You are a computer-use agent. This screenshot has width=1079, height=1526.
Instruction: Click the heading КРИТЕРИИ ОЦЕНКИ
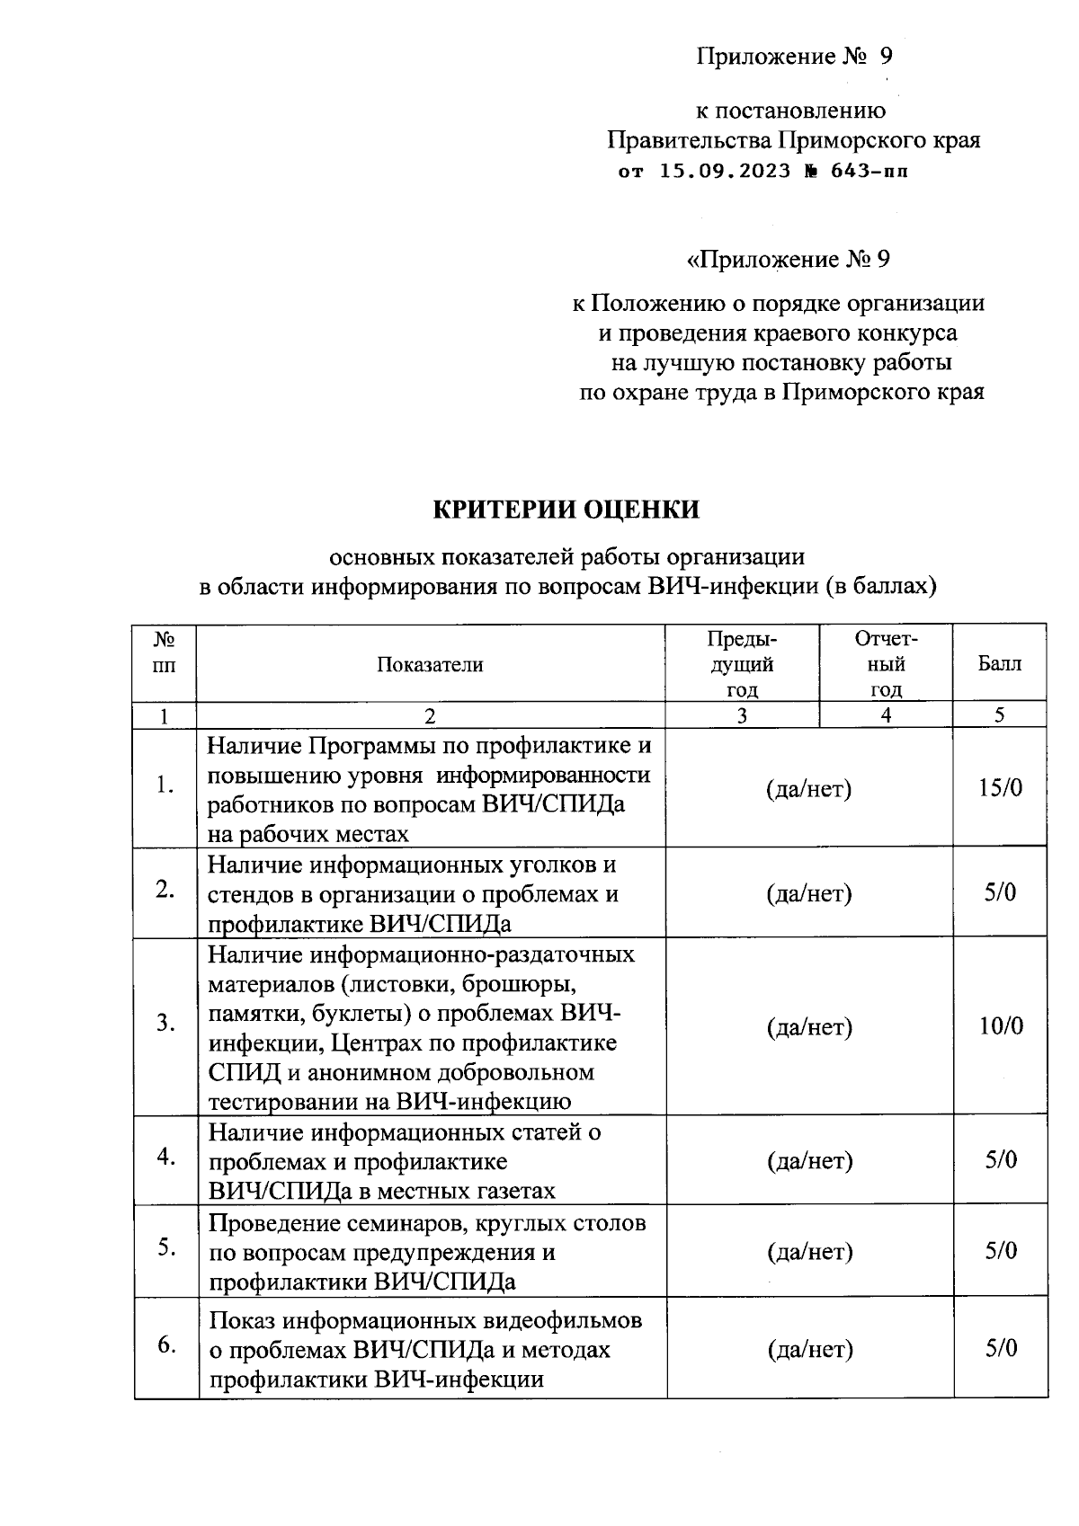click(x=566, y=510)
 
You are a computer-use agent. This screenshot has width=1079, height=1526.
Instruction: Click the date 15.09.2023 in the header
click(x=725, y=171)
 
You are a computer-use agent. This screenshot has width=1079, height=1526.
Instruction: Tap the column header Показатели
click(x=430, y=664)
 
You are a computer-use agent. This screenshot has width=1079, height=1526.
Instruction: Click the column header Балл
click(x=999, y=664)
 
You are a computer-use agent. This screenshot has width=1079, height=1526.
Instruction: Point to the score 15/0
click(x=1000, y=788)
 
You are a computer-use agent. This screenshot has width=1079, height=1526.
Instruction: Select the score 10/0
click(x=1000, y=1026)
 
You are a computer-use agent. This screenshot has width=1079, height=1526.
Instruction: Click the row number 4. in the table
click(x=165, y=1158)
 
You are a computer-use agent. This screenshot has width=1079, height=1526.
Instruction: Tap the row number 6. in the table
click(x=166, y=1345)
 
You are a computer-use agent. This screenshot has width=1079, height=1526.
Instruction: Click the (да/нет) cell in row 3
click(x=809, y=1026)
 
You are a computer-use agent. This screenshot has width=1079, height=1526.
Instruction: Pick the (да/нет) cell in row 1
click(x=808, y=788)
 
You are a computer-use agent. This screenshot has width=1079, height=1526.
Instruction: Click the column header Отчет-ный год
click(x=886, y=664)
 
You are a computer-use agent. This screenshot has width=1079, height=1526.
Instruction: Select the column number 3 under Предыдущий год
click(x=742, y=715)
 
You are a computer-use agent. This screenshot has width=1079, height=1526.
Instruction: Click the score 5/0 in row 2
click(x=1000, y=893)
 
